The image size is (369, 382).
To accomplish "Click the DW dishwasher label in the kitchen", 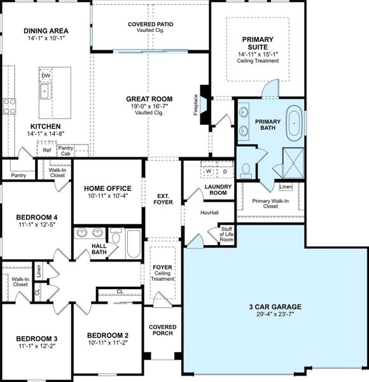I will [45, 76].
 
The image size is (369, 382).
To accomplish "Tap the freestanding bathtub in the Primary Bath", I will [293, 125].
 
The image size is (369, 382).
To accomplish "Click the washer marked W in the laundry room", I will [209, 172].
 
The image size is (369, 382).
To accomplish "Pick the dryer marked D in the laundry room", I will [225, 172].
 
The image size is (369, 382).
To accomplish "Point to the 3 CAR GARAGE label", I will [275, 307].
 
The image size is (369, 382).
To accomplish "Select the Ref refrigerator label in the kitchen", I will [46, 151].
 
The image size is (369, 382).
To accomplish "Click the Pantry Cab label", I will [66, 151].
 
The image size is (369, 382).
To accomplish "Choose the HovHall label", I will [209, 213].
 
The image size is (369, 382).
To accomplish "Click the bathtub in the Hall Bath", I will [133, 244].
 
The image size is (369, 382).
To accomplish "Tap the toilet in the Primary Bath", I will [246, 170].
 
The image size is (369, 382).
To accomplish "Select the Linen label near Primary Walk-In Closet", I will [286, 187].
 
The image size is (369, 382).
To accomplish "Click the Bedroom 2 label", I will [108, 336].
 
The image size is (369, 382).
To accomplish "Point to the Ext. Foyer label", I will [162, 200].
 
